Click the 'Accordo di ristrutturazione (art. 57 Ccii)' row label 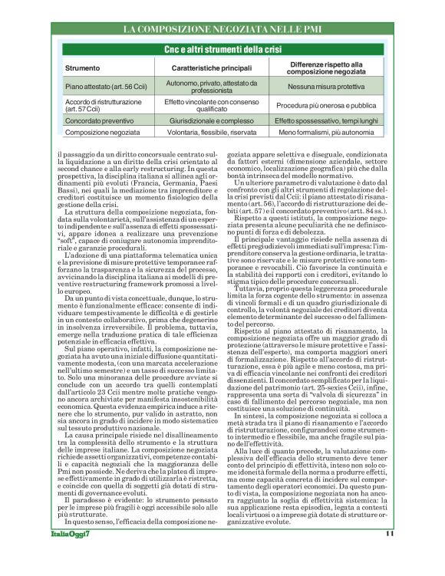coord(101,106)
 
